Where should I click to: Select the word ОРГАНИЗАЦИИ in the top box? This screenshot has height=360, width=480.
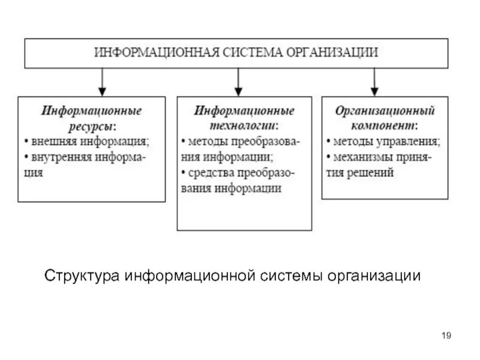[x=334, y=52]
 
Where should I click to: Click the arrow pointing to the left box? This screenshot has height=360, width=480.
[x=102, y=81]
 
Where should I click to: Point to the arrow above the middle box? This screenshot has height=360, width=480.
[x=238, y=81]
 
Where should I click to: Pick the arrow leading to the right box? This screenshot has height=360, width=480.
[x=374, y=81]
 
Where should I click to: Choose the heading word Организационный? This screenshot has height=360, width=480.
[x=385, y=112]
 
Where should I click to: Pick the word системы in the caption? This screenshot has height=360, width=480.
[x=292, y=277]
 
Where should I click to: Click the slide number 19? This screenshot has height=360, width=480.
[x=446, y=335]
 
